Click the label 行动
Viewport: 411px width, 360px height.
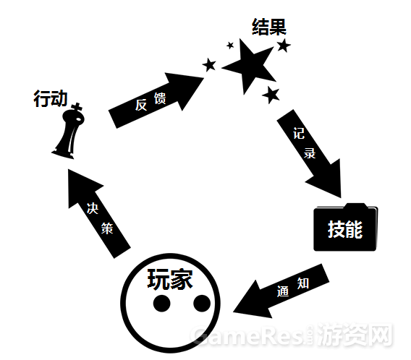[51, 98]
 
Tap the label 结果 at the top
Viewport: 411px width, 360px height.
[269, 27]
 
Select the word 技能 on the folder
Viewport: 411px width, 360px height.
[345, 229]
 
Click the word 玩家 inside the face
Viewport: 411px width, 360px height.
[170, 279]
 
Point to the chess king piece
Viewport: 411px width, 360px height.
[69, 132]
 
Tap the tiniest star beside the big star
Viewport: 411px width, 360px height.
[230, 46]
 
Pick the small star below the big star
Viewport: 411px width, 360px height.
[271, 95]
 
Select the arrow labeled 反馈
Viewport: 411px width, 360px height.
[156, 100]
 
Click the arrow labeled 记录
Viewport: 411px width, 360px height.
[309, 153]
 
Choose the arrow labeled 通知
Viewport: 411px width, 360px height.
[281, 291]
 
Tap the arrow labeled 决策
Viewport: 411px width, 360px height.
[99, 213]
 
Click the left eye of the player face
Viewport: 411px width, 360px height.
[162, 304]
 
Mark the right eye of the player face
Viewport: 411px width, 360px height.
[202, 303]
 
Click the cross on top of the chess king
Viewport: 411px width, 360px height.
[77, 107]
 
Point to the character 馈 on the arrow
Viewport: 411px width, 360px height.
[160, 98]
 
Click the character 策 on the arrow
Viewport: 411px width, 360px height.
[107, 228]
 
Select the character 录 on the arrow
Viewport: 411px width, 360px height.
[310, 153]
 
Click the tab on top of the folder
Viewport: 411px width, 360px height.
[356, 206]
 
